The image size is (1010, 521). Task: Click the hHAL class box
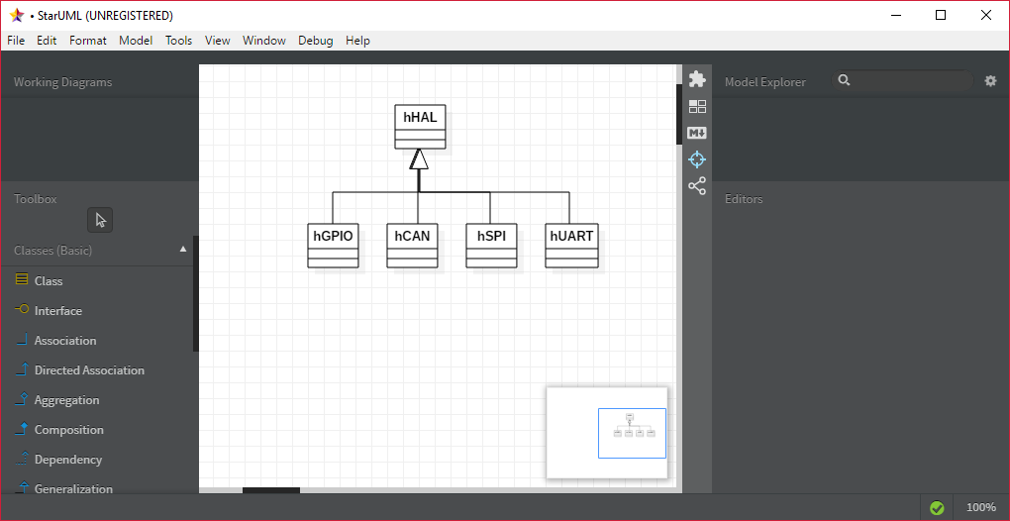(420, 127)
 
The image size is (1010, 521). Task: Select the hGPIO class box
(333, 246)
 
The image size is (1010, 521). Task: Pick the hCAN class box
(412, 246)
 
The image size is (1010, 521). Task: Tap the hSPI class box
(491, 246)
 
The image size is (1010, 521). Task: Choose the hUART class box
(571, 246)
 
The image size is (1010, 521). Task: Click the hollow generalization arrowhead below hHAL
(419, 159)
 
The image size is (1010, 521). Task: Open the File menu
(16, 41)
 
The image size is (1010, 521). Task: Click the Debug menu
(316, 41)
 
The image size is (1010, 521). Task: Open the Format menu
(87, 41)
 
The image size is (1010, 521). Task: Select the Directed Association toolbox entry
(79, 370)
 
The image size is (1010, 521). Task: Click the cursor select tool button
(100, 220)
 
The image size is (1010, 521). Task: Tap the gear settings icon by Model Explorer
(990, 81)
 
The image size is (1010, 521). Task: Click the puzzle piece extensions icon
(697, 79)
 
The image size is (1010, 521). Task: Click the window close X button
(985, 16)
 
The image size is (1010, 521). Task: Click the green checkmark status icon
(937, 507)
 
